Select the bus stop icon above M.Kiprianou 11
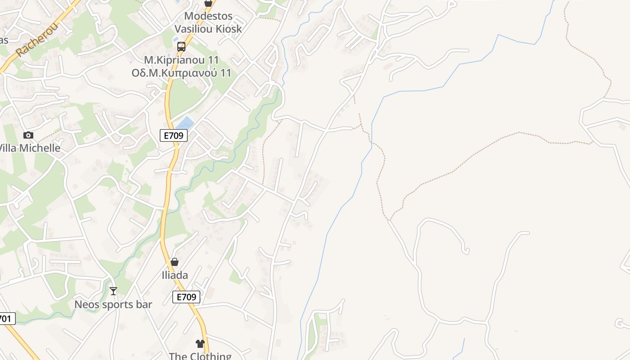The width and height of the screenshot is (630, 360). tap(181, 46)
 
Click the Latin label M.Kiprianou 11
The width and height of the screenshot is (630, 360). tap(181, 60)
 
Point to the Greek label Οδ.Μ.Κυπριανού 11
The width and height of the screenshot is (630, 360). tap(181, 72)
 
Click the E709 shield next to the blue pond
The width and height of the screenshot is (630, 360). tap(174, 135)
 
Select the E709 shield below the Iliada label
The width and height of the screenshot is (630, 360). tap(186, 297)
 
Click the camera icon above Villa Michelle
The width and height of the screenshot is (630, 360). tap(28, 135)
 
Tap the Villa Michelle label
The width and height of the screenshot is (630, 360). tap(30, 148)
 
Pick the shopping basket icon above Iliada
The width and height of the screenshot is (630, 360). tap(175, 262)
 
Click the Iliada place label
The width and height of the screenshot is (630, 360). tap(175, 275)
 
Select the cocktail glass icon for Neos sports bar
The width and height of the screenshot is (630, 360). tap(113, 291)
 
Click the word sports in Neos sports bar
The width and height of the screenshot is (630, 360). tap(114, 304)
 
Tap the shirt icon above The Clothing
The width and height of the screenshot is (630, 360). tap(200, 344)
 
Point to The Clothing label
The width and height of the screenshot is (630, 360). tap(200, 356)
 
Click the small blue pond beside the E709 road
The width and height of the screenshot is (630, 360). tap(185, 122)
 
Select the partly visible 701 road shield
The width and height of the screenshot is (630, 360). tap(6, 319)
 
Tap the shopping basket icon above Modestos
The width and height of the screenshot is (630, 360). tap(208, 3)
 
